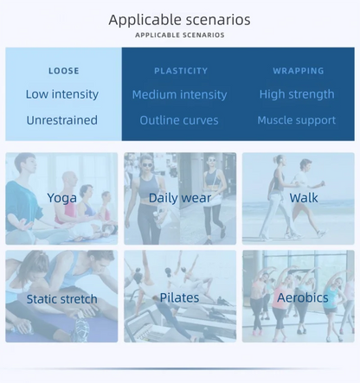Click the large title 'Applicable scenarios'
pos(179,20)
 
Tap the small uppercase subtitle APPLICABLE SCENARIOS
pos(180,35)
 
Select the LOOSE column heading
pos(64,71)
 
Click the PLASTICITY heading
pos(181,71)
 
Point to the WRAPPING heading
pos(299,71)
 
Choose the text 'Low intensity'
pos(62,94)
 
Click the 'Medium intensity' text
pos(179,94)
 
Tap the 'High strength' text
pos(297,94)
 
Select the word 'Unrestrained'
pos(61,120)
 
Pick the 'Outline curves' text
pos(179,120)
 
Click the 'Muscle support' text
pos(297,120)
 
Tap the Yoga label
pos(61,198)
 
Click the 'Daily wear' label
pos(180,198)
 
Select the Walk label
pos(304,198)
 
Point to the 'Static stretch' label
pos(61,299)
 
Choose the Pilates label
pos(179,297)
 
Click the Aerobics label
pos(303,297)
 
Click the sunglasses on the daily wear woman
pos(146,165)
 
